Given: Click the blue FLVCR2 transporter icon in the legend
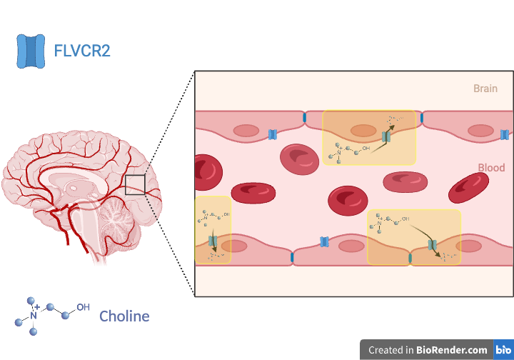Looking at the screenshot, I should tap(31, 51).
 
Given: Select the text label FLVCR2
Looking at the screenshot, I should tap(82, 51).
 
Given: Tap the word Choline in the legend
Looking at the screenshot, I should tap(124, 316).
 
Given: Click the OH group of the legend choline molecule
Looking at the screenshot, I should tap(83, 307).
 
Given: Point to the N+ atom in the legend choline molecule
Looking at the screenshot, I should tap(33, 314).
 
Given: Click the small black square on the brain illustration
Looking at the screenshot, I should tap(135, 184).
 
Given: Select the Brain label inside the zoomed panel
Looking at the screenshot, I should tap(485, 89).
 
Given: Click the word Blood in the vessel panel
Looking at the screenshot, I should tap(491, 168).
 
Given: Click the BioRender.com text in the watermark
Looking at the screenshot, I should tap(453, 350).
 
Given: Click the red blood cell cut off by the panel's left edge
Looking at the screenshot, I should tap(206, 171).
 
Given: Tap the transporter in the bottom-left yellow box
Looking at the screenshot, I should tap(212, 243).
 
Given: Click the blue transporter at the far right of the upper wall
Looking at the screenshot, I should tap(504, 134).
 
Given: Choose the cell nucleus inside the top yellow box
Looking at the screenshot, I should tap(363, 131).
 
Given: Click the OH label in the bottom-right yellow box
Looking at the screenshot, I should tap(405, 219).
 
